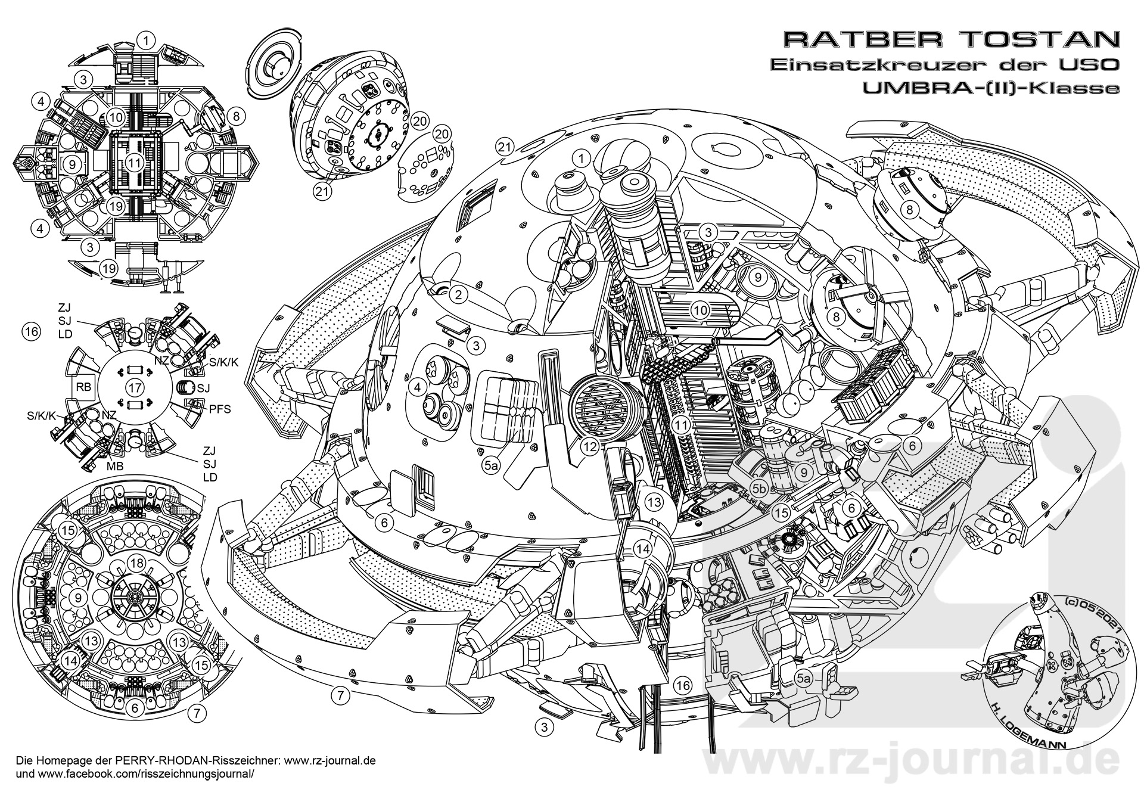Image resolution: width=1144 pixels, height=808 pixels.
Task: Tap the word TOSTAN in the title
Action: (1037, 39)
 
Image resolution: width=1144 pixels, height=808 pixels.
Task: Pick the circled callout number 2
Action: (459, 294)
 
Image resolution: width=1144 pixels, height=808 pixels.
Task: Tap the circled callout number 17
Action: (135, 387)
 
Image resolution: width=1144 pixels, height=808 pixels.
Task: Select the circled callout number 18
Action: (136, 564)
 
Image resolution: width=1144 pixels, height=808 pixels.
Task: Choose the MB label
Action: (114, 466)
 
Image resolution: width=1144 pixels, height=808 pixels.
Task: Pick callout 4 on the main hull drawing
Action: (418, 387)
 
